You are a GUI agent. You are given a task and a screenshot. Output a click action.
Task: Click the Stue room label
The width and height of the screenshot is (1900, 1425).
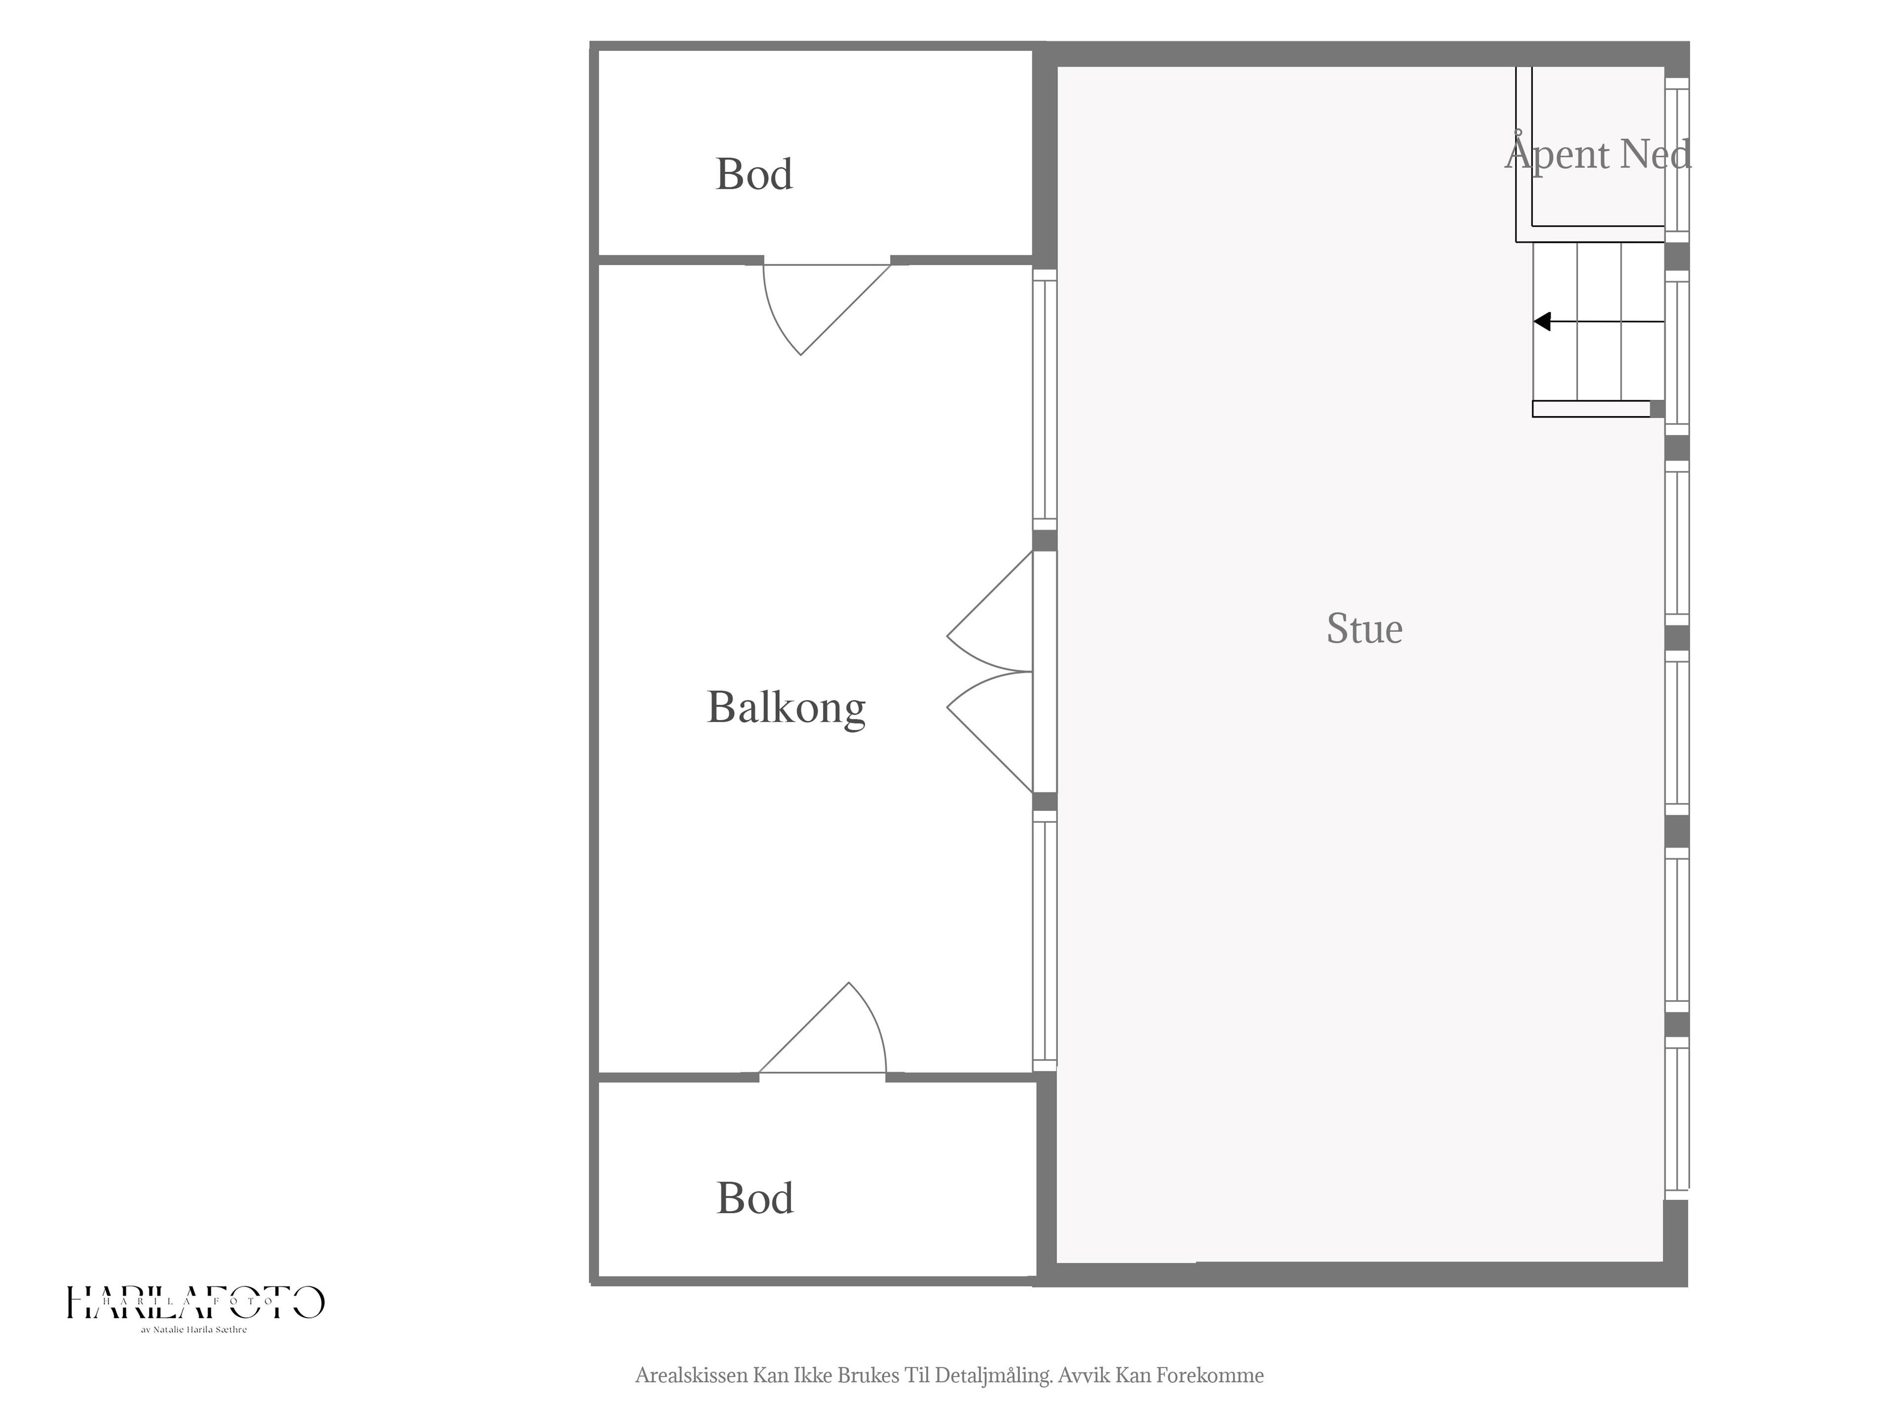1364,629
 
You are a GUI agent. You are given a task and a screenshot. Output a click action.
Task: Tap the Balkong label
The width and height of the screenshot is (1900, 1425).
786,708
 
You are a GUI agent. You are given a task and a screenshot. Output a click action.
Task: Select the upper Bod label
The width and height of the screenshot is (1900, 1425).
754,174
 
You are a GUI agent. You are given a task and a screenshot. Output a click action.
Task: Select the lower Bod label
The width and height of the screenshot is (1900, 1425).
755,1198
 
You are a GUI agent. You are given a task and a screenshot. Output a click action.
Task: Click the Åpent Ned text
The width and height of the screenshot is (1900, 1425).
1598,154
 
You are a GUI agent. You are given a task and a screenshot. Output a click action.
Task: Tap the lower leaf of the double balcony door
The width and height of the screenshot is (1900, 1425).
988,733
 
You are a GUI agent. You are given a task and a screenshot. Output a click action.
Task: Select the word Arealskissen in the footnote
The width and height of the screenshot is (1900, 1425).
691,1375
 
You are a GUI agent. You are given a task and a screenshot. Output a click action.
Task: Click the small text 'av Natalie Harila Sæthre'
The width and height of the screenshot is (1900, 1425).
194,1330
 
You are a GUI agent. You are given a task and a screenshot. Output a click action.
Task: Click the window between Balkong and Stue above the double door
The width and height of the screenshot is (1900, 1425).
1045,399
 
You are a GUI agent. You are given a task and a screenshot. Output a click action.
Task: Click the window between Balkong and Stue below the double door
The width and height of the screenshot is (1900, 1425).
1045,942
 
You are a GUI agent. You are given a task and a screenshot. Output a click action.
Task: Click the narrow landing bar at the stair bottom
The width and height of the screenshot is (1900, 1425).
1592,409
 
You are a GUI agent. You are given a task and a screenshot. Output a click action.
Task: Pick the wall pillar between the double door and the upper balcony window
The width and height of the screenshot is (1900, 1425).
1045,540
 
